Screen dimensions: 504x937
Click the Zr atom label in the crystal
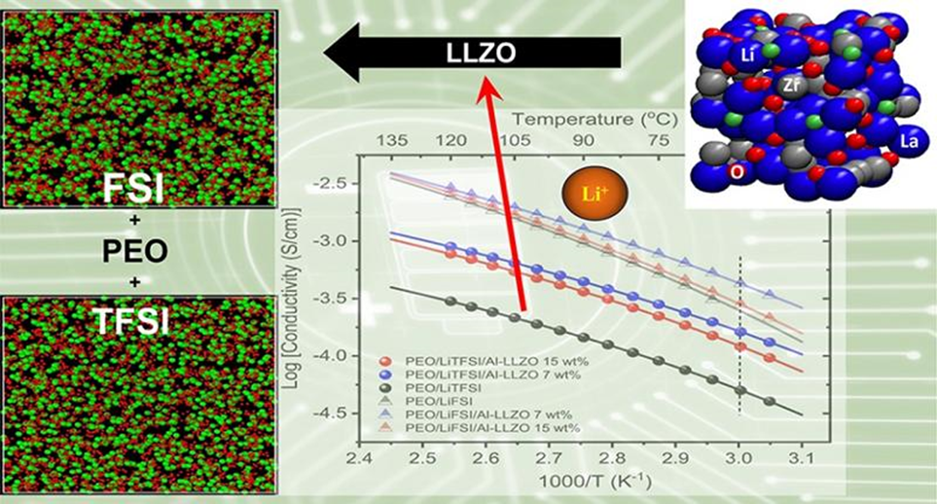(x=792, y=87)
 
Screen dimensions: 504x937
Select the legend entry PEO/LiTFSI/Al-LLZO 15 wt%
(x=467, y=362)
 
